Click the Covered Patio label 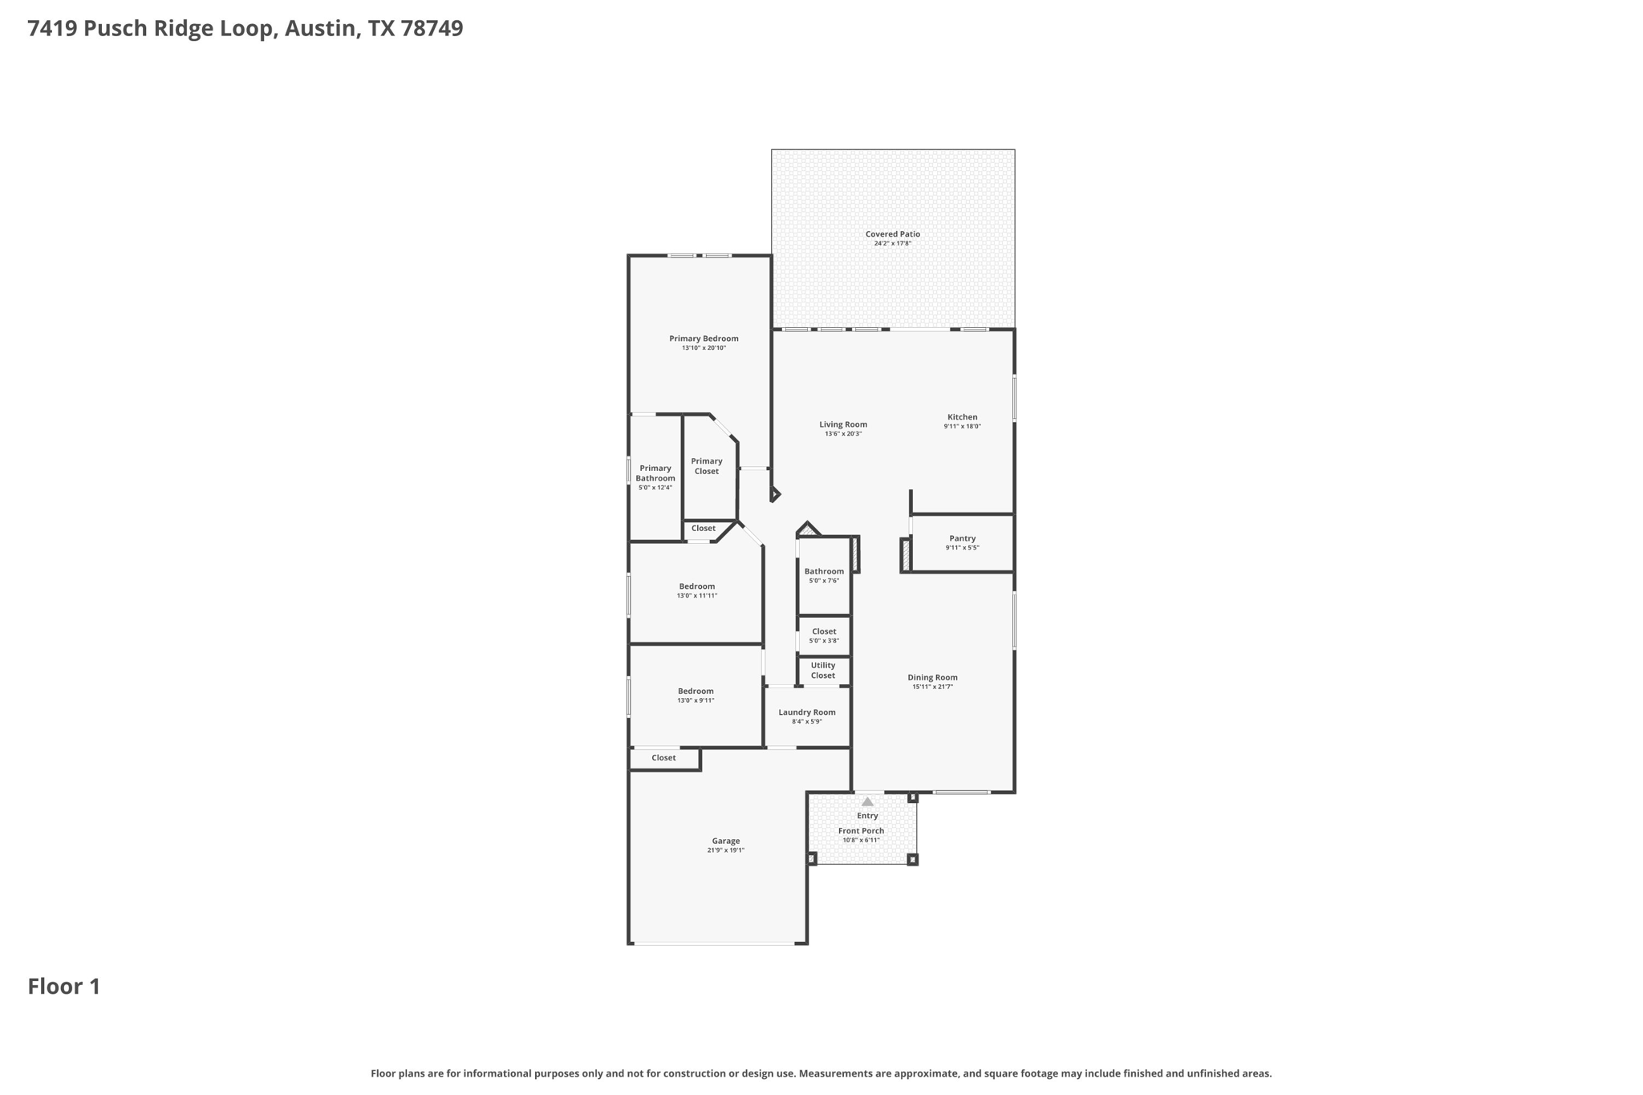[x=892, y=234]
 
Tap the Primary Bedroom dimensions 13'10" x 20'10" [x=704, y=348]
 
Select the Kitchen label [x=962, y=417]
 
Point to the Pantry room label [x=962, y=538]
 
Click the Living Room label [x=842, y=424]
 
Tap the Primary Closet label [x=706, y=466]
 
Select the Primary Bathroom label [x=655, y=473]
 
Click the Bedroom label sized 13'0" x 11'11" [x=696, y=586]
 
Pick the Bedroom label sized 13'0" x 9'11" [x=695, y=691]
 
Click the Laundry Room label [x=806, y=712]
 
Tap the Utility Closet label [x=822, y=670]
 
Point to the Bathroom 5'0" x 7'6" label [x=823, y=571]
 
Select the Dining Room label [x=932, y=677]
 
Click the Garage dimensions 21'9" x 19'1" [x=725, y=850]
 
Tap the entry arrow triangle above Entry [x=867, y=801]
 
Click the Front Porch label [x=861, y=831]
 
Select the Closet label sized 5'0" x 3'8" [x=823, y=631]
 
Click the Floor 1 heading [x=64, y=987]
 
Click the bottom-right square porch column [x=912, y=859]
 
